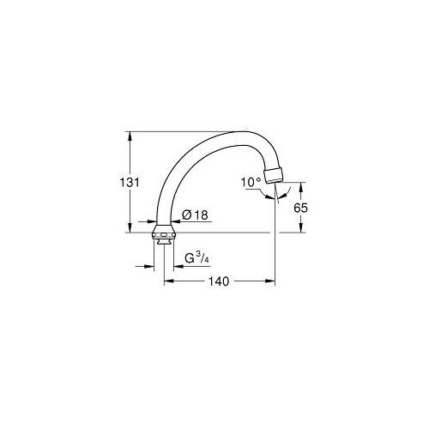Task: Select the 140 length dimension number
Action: [221, 281]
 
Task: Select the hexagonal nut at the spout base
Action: [163, 234]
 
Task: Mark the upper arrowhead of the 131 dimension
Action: [128, 135]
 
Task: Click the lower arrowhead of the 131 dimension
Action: [128, 227]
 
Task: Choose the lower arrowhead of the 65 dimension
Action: [301, 227]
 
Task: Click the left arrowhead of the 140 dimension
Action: [168, 281]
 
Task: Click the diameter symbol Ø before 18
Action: [188, 215]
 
